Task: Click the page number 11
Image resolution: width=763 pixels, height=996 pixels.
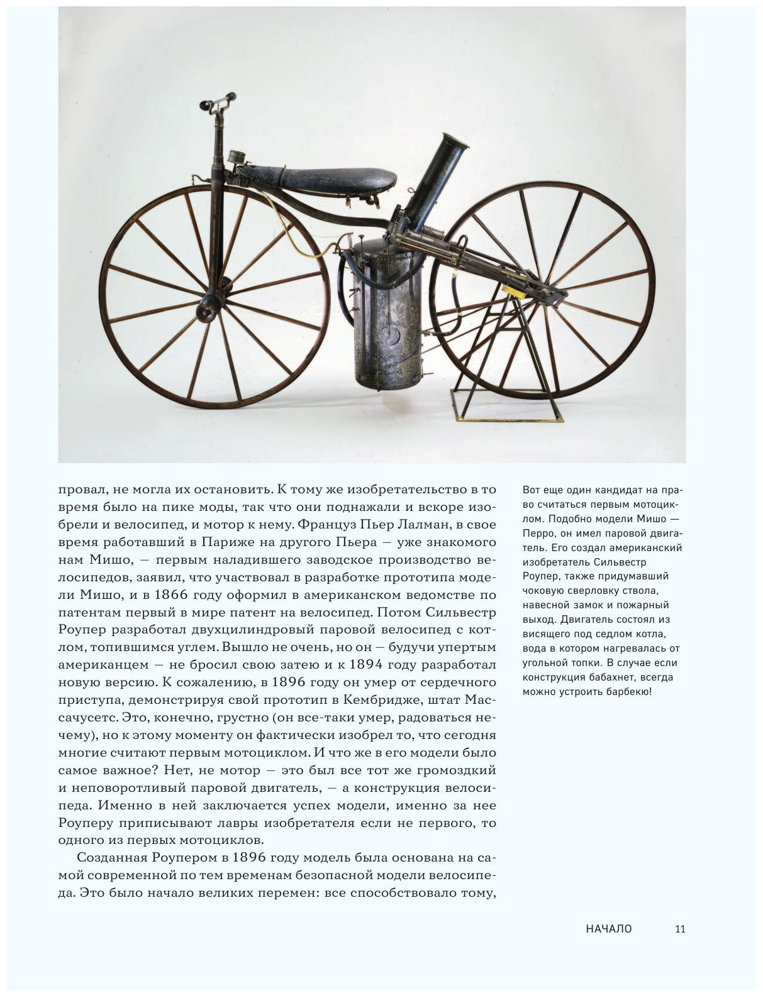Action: coord(679,929)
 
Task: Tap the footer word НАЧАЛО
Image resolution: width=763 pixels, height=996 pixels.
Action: coord(608,929)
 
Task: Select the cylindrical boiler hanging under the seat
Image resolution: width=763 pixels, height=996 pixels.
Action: coord(384,314)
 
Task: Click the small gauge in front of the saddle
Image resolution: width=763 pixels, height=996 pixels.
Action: coord(238,158)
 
